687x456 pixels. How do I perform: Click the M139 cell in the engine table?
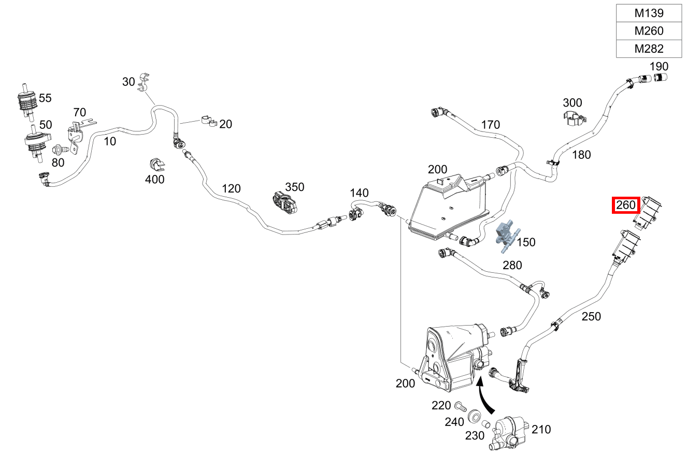pyautogui.click(x=649, y=13)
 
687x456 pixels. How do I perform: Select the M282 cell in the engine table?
pyautogui.click(x=649, y=49)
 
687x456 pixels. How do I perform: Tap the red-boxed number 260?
pyautogui.click(x=626, y=205)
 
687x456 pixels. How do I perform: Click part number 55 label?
pyautogui.click(x=46, y=97)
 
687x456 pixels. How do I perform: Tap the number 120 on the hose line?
pyautogui.click(x=231, y=188)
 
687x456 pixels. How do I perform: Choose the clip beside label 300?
pyautogui.click(x=574, y=118)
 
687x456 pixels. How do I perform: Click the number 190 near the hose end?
pyautogui.click(x=659, y=66)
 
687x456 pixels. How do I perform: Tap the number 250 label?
pyautogui.click(x=591, y=316)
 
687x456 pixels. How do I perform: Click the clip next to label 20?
pyautogui.click(x=208, y=122)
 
